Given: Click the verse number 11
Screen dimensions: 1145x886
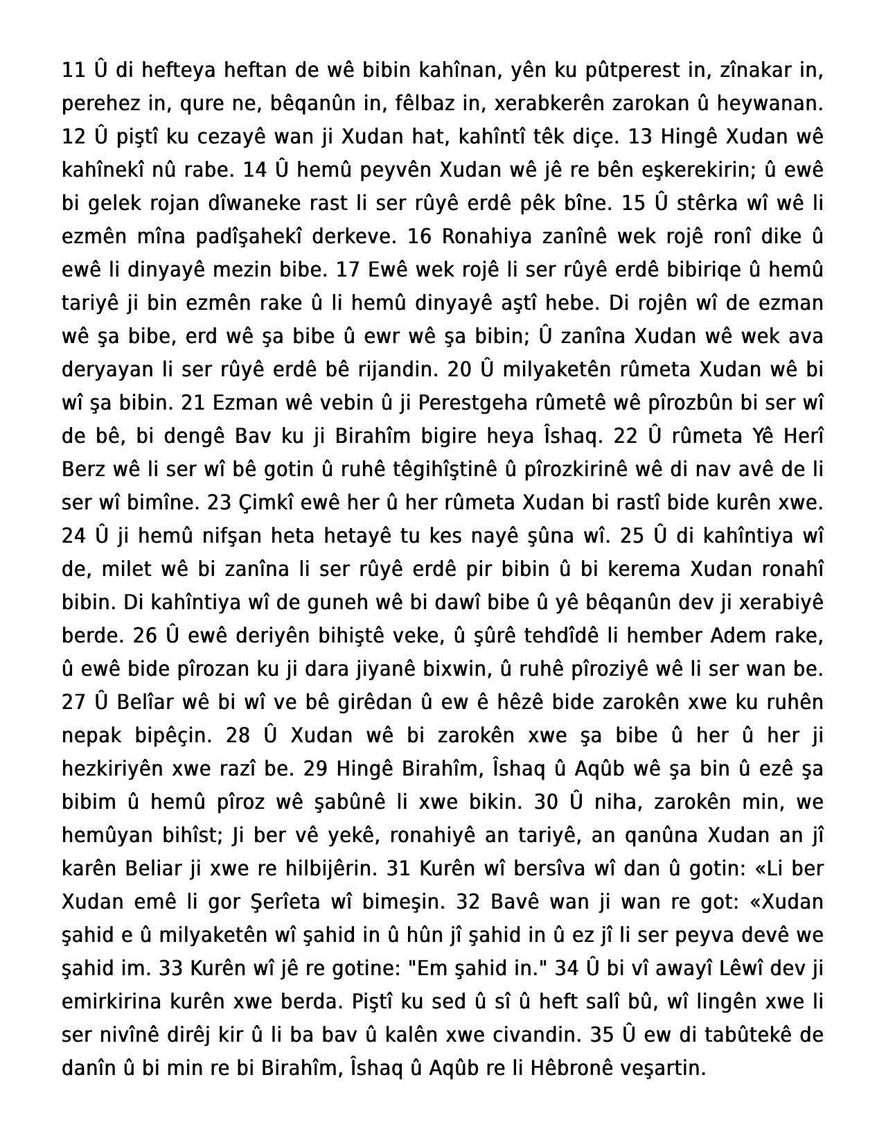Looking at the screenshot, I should pyautogui.click(x=72, y=71).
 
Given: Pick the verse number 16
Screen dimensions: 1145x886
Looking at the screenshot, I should pyautogui.click(x=420, y=237).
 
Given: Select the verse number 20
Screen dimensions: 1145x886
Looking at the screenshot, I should pyautogui.click(x=460, y=369).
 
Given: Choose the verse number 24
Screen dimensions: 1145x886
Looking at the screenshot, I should pyautogui.click(x=73, y=536).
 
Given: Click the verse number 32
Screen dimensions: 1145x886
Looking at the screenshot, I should pyautogui.click(x=469, y=902).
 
